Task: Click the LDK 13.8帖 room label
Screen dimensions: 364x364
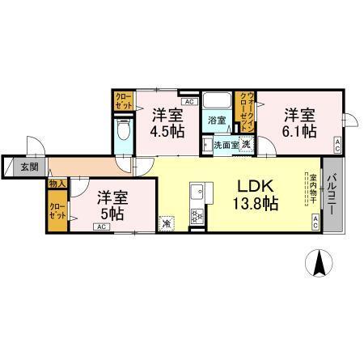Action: click(257, 193)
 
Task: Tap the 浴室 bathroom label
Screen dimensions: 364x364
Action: click(217, 121)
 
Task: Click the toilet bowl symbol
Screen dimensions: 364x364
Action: click(124, 132)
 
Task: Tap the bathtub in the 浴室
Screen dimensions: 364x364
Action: click(216, 103)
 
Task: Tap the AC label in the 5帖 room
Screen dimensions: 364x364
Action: click(101, 227)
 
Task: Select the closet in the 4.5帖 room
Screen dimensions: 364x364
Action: click(122, 102)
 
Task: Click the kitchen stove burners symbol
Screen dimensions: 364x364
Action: click(195, 216)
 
